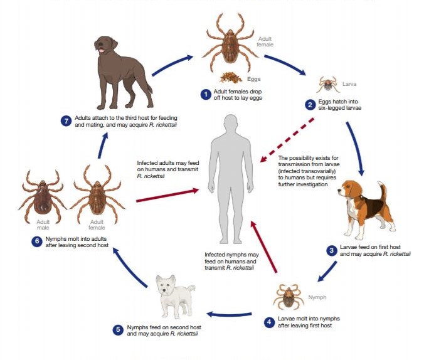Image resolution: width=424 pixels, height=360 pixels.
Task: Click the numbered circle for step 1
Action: tap(206, 95)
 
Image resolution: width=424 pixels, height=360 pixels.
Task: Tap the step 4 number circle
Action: tap(269, 322)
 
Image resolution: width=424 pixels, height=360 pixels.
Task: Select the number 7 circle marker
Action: tap(66, 121)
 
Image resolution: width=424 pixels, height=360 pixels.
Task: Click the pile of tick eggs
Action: tap(231, 77)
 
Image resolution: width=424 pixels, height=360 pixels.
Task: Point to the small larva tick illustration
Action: tap(328, 85)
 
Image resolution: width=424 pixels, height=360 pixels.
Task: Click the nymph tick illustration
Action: tap(289, 297)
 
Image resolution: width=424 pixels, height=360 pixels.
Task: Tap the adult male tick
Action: tap(43, 197)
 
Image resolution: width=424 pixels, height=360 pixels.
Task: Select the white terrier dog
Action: tap(175, 296)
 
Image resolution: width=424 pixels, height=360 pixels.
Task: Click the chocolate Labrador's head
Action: tap(105, 45)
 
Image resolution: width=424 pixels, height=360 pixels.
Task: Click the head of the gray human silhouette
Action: tap(231, 124)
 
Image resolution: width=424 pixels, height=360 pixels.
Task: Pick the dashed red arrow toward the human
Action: tap(287, 140)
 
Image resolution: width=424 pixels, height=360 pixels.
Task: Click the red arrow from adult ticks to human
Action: tap(167, 196)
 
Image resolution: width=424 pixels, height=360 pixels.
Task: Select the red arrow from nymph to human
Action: tap(263, 246)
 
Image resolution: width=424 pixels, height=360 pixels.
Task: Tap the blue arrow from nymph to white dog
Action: tap(229, 315)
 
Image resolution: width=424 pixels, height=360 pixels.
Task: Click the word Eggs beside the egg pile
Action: tap(253, 79)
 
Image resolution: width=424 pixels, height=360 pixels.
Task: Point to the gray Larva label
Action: tap(349, 84)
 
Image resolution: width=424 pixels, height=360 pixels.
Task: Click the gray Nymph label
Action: tap(317, 297)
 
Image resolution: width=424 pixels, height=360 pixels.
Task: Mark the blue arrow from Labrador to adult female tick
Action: tap(172, 65)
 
